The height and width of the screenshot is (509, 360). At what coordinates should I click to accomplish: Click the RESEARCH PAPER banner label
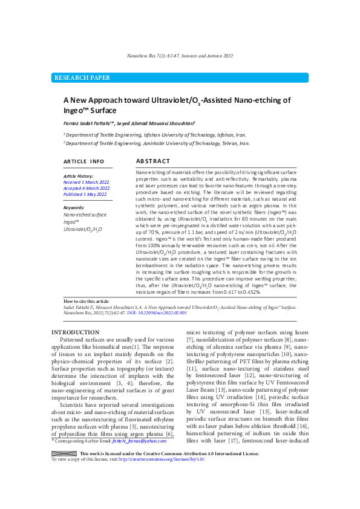click(x=82, y=78)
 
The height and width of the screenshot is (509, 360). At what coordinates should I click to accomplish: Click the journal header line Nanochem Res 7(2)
click(x=180, y=56)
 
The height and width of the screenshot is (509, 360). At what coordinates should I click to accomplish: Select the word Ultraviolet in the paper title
click(x=166, y=101)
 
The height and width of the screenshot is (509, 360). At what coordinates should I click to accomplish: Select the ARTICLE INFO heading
click(x=84, y=162)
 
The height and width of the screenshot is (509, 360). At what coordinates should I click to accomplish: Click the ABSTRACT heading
click(x=153, y=161)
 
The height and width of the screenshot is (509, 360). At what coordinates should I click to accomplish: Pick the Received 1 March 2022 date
click(x=87, y=182)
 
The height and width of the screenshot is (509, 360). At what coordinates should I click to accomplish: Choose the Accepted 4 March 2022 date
click(x=87, y=188)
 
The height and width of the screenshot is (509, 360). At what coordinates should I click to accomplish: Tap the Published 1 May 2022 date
click(x=86, y=195)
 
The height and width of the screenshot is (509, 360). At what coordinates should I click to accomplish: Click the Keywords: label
click(x=74, y=207)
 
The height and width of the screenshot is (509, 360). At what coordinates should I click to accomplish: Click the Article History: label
click(x=79, y=175)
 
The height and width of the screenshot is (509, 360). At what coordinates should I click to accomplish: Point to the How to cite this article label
click(x=86, y=301)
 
